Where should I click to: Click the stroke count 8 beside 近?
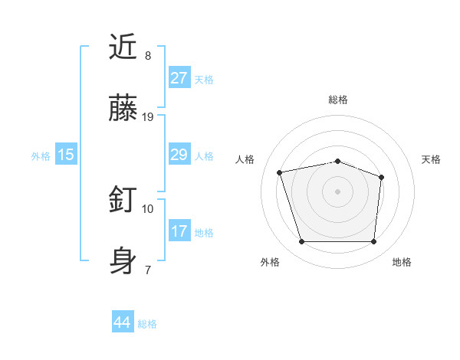coord(148,56)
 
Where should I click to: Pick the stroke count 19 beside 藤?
coord(148,117)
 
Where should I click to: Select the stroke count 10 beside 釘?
coord(148,208)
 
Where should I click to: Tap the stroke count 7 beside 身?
coord(148,270)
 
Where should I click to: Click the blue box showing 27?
coord(179,78)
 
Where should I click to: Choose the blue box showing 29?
coord(179,155)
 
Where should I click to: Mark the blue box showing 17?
coord(179,231)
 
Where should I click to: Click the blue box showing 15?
coord(66,155)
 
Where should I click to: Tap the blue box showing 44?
coord(123,322)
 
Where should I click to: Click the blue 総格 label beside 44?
coord(148,324)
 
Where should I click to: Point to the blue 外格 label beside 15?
coord(41,155)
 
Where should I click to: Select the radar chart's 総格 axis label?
coord(338,100)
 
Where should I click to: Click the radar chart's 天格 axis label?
coord(431,159)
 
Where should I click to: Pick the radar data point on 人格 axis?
coord(280,172)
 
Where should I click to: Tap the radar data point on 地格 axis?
coord(374,242)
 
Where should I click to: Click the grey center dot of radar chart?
coord(338,191)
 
